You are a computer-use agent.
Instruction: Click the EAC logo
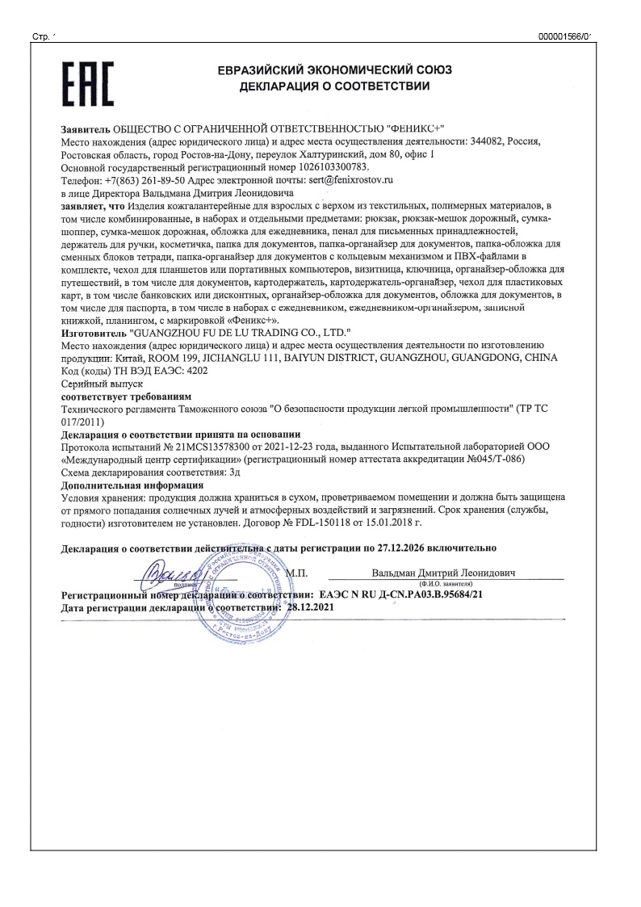tap(87, 84)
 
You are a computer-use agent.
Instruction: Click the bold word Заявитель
tap(86, 130)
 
